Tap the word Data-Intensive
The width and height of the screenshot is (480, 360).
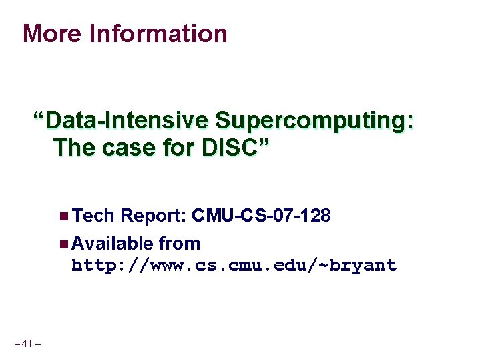point(127,121)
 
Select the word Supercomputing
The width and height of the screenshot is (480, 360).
point(308,121)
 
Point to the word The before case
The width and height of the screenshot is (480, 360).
point(74,147)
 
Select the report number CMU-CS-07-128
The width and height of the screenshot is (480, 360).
point(261,216)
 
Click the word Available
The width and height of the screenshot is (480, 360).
point(111,244)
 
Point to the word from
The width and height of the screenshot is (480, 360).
point(179,244)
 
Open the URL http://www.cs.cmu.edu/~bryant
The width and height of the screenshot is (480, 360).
point(234,266)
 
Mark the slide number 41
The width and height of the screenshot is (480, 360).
point(27,343)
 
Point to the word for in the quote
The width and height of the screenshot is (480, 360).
point(168,147)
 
